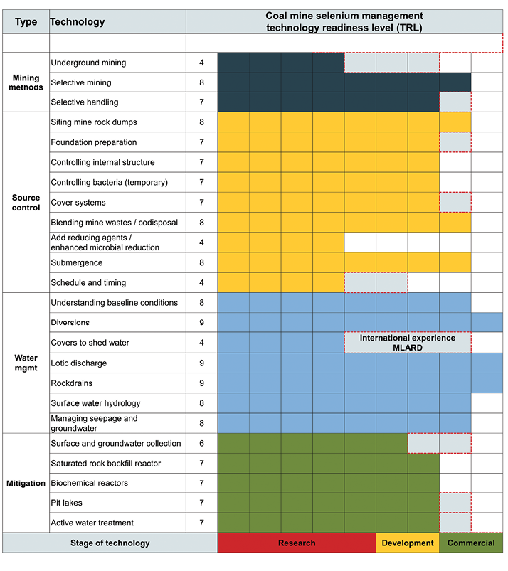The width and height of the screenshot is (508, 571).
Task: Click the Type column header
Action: pyautogui.click(x=26, y=21)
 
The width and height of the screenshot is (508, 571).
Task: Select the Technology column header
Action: pyautogui.click(x=77, y=21)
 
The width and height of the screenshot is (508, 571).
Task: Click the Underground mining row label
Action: pyautogui.click(x=88, y=63)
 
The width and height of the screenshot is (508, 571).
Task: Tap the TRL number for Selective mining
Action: pyautogui.click(x=202, y=82)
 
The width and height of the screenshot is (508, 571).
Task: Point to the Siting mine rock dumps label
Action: pyautogui.click(x=94, y=122)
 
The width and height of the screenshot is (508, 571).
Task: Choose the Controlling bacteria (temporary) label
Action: pyautogui.click(x=110, y=183)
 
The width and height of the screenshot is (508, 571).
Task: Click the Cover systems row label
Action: pyautogui.click(x=78, y=203)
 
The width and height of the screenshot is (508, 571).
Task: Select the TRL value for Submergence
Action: pyautogui.click(x=202, y=262)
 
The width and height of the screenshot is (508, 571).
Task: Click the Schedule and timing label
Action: pyautogui.click(x=89, y=282)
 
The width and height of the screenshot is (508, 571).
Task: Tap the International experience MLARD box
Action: pyautogui.click(x=407, y=343)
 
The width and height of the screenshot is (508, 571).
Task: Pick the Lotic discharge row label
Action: pyautogui.click(x=79, y=363)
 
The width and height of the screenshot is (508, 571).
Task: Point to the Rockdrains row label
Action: pyautogui.click(x=73, y=383)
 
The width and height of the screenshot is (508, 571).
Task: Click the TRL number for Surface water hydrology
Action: pyautogui.click(x=202, y=403)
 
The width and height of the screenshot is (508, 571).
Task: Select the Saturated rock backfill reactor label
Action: pyautogui.click(x=106, y=464)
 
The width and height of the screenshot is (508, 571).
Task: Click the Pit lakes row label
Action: pyautogui.click(x=67, y=503)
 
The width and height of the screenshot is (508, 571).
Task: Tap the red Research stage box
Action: pyautogui.click(x=297, y=543)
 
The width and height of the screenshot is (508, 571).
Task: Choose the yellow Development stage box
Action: pyautogui.click(x=408, y=543)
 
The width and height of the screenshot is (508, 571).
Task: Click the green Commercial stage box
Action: pyautogui.click(x=471, y=543)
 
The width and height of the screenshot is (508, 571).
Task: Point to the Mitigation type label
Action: pyautogui.click(x=26, y=483)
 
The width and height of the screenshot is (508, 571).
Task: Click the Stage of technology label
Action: pyautogui.click(x=110, y=543)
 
